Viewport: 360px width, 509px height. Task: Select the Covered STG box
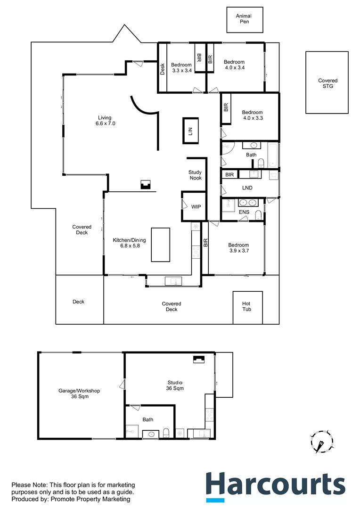coord(327,83)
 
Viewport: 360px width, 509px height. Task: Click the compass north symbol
coord(322,443)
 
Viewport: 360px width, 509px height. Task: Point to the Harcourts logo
coord(275,485)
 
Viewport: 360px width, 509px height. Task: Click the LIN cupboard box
coord(190,131)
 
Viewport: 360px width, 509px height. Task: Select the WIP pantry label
coord(196,206)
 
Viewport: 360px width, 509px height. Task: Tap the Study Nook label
coord(195,175)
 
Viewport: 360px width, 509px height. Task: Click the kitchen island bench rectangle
coord(160,245)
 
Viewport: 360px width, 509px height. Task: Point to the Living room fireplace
coord(146,185)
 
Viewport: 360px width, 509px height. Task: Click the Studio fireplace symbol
coord(198,359)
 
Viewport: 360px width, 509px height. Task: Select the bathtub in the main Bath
coord(273,155)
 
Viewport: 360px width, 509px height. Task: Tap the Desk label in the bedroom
coord(162,69)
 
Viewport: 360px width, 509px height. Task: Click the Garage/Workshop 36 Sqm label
coord(79,394)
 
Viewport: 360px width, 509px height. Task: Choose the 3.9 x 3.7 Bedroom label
coord(238,248)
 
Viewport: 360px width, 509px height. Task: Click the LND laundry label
coord(247,188)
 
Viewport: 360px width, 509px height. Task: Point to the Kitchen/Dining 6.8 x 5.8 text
coord(126,243)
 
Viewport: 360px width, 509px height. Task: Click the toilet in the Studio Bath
coord(166,433)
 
